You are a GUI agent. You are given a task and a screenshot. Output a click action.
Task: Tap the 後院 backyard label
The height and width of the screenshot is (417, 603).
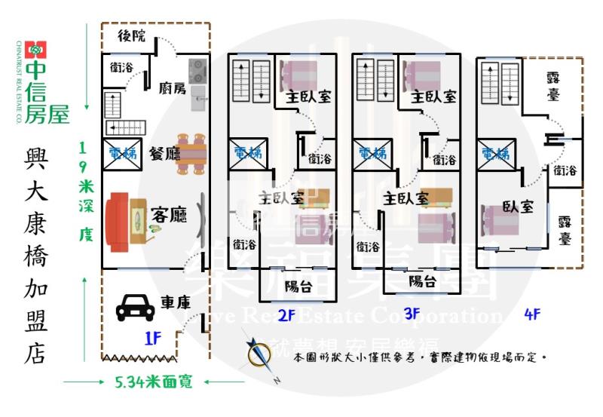(x=133, y=36)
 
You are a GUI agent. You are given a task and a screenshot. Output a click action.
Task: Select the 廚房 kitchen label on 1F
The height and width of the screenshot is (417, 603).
(x=172, y=88)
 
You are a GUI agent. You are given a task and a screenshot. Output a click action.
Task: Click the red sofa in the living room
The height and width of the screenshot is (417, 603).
(x=120, y=220)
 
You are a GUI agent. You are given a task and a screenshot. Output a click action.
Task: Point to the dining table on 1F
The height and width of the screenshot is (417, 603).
(x=192, y=153)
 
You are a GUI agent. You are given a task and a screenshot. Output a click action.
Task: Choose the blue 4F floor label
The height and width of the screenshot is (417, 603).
(x=532, y=314)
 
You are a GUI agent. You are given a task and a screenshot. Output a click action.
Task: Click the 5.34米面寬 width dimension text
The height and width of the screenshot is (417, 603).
(x=154, y=382)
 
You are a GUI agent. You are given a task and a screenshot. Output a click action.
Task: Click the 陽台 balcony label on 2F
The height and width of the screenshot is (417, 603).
(x=299, y=286)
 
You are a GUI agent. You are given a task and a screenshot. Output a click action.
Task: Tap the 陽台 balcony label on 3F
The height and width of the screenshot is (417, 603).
(x=423, y=281)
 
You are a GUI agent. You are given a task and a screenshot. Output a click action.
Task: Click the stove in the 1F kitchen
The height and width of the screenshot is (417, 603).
(x=198, y=71)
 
